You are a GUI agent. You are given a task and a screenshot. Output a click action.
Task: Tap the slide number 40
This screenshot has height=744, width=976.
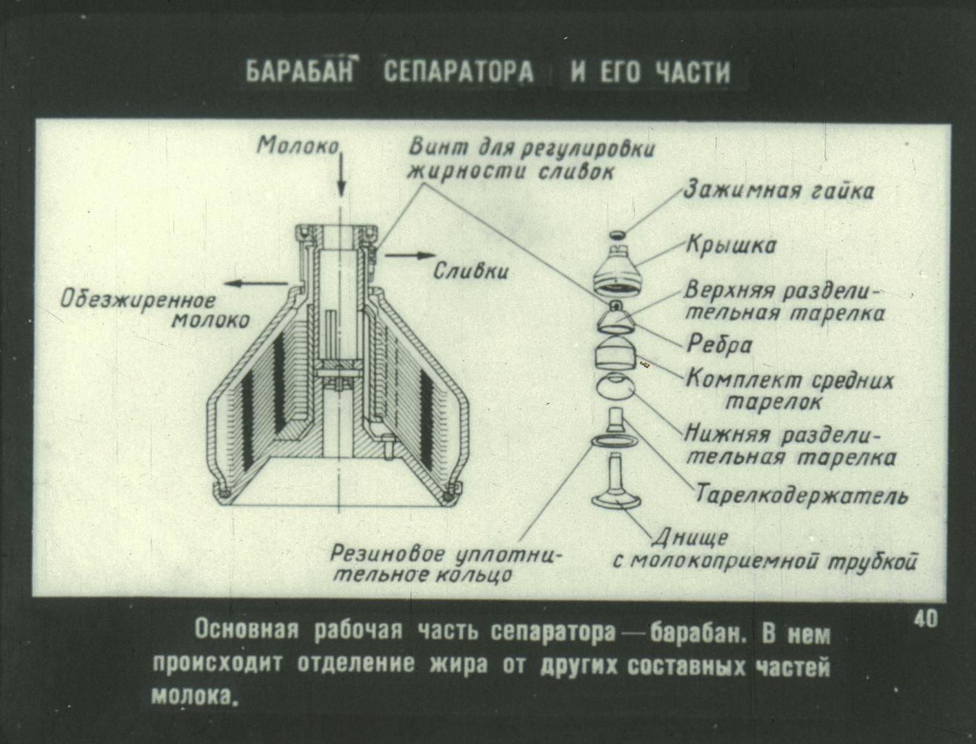click(926, 619)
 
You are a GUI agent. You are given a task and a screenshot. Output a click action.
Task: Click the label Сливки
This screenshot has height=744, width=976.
click(470, 271)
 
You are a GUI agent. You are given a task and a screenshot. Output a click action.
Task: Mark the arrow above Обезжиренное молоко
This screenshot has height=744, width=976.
click(256, 284)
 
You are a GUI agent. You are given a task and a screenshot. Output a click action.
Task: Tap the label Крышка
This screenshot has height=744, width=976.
click(731, 245)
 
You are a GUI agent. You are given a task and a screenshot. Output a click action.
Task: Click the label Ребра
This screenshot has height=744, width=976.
click(719, 344)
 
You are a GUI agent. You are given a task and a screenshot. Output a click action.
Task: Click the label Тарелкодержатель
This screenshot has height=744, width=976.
click(800, 495)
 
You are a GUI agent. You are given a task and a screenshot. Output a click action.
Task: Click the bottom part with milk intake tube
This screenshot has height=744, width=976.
click(616, 482)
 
